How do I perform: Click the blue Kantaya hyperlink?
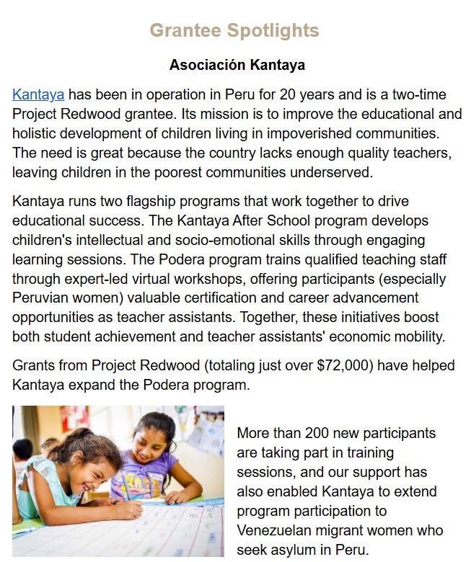coord(38,94)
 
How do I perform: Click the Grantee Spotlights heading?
coord(234,30)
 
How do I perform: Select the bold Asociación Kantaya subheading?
coord(237,66)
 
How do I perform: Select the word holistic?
coord(38,133)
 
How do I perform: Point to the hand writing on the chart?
coord(130,510)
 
